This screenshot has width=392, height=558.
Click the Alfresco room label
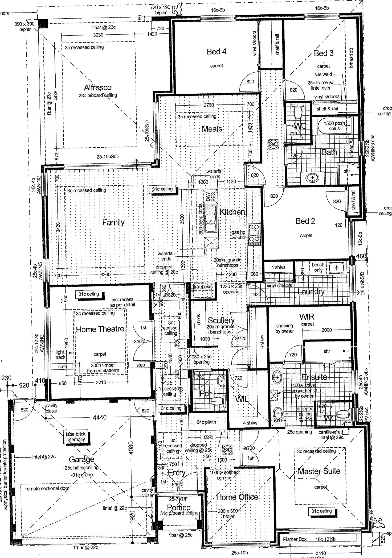coord(97,88)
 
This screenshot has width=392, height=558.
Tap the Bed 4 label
coord(217,52)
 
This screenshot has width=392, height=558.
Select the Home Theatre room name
coord(100,329)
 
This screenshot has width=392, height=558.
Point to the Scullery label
coord(221,320)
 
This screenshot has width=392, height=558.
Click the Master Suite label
coord(319,471)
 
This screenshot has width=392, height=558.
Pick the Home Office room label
coord(237,497)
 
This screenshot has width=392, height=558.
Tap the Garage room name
coord(81,459)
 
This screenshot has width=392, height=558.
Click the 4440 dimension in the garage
coord(100,418)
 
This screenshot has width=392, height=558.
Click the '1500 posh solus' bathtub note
coord(334,126)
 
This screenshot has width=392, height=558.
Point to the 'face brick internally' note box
coord(76,437)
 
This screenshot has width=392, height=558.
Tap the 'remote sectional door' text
coord(47,489)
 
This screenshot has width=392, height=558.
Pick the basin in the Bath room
coord(312,177)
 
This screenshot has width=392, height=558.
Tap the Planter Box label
coord(295,539)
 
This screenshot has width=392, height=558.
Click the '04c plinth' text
coord(206,422)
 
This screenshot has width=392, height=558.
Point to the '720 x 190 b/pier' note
coord(161,10)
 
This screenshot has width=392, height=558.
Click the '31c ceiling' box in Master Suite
coord(321,511)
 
